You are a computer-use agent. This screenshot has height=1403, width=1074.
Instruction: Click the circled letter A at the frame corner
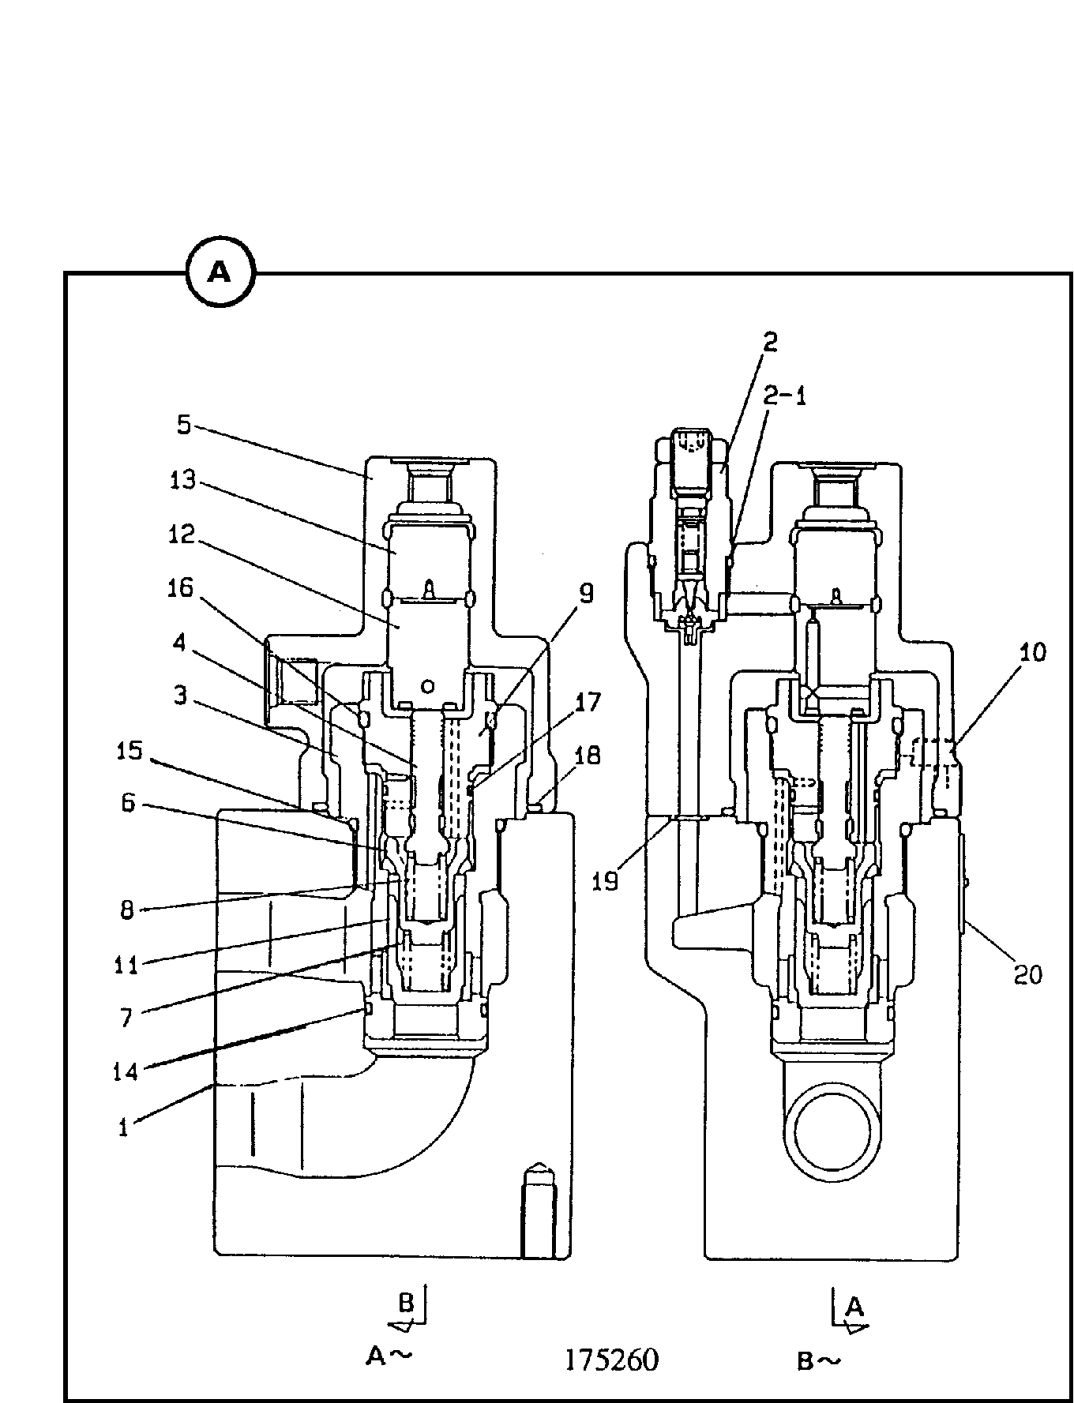click(x=220, y=273)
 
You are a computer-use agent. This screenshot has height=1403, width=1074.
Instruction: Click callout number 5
click(x=183, y=426)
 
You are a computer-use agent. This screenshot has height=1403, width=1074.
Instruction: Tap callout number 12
click(x=181, y=535)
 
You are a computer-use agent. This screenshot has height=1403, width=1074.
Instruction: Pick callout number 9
click(x=587, y=594)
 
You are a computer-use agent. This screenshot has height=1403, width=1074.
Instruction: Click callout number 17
click(x=588, y=702)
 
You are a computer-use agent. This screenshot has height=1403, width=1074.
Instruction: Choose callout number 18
click(x=588, y=756)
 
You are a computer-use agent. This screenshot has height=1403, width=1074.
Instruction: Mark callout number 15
click(x=129, y=750)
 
